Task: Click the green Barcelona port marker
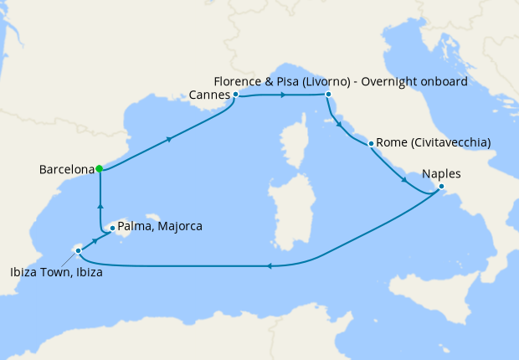99,168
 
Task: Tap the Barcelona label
66,169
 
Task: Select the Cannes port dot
236,95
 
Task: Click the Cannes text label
209,95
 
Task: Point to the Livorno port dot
327,95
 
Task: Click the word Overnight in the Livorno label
409,81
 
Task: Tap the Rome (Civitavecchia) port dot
370,143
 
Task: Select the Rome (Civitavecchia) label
433,142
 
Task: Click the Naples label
441,173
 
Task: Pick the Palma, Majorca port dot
112,227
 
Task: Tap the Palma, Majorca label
160,226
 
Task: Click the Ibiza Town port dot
78,250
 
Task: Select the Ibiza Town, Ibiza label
56,271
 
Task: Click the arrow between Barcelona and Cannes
171,138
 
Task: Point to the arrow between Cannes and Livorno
284,95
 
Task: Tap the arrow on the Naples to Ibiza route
268,266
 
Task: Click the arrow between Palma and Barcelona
100,205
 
